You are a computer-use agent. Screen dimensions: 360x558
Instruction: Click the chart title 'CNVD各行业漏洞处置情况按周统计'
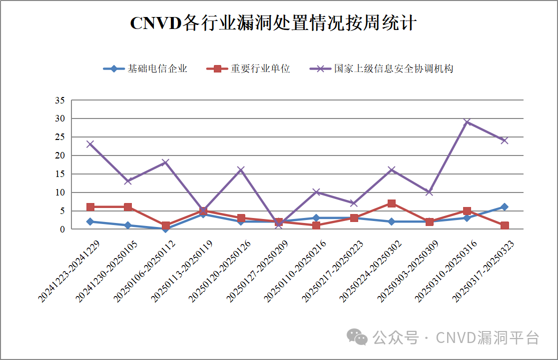(x=273, y=23)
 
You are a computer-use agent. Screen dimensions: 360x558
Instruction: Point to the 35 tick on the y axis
(x=60, y=100)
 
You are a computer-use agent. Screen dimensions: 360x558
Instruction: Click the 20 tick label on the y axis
(x=60, y=155)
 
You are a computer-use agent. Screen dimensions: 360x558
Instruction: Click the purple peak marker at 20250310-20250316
(x=467, y=122)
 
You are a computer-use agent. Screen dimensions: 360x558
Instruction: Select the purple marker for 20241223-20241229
(x=90, y=144)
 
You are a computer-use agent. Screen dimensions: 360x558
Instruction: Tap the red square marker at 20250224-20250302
(x=392, y=203)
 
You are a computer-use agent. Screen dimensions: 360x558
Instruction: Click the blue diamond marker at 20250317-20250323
(x=505, y=207)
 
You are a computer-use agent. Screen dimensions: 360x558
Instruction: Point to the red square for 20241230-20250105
(x=128, y=207)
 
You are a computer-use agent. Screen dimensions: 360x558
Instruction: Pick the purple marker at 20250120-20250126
(x=241, y=170)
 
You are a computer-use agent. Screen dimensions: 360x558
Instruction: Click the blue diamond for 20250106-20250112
(x=165, y=229)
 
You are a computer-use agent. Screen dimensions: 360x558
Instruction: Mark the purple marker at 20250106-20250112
(x=165, y=162)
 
